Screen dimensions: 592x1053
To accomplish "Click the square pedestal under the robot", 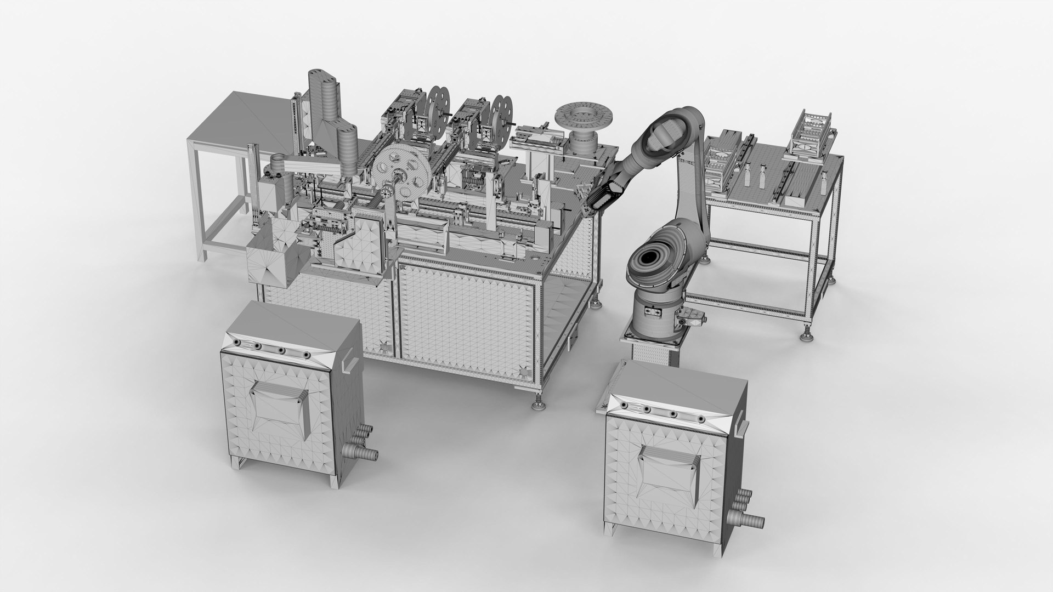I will coord(653,348).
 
